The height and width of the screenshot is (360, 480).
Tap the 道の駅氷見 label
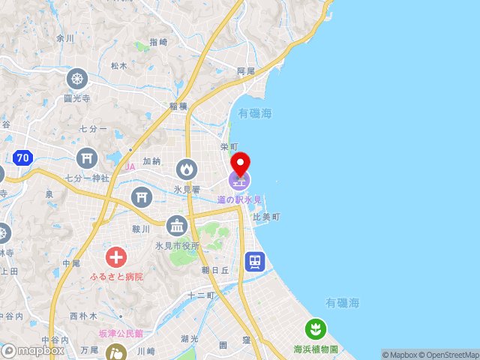[x=240, y=199]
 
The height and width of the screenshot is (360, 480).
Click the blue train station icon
[x=255, y=261]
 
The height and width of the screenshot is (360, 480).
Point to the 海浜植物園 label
[x=316, y=349]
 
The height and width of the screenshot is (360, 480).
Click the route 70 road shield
[x=22, y=158]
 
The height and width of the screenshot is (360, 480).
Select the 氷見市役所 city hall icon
[x=177, y=225]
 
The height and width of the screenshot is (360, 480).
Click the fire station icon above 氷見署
[x=186, y=169]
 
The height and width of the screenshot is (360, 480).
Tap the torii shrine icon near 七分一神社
[x=87, y=157]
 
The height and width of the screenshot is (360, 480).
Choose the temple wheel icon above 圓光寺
[x=77, y=78]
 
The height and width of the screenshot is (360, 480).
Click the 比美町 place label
[x=266, y=217]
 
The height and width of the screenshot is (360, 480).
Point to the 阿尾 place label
[x=246, y=70]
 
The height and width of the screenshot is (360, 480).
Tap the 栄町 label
[x=229, y=147]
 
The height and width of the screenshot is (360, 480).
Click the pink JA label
[x=130, y=166]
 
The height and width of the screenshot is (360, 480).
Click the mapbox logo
[x=33, y=350]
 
